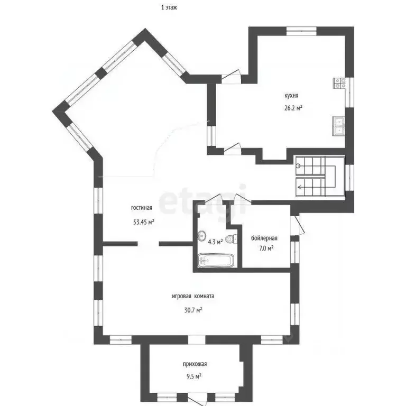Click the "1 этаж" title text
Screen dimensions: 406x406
click(x=169, y=7)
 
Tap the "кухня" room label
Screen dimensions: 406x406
click(x=292, y=96)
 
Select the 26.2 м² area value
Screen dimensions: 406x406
click(x=293, y=108)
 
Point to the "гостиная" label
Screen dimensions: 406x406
click(x=142, y=208)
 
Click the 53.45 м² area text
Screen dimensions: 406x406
click(x=144, y=222)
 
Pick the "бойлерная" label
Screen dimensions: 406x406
click(x=264, y=238)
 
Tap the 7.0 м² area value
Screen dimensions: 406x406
click(x=266, y=248)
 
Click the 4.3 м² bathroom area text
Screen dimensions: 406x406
click(x=216, y=242)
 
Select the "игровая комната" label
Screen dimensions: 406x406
click(x=193, y=296)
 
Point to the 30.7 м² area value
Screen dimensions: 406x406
click(x=193, y=310)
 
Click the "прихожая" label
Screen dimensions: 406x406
click(x=195, y=364)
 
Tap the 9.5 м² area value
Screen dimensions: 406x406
click(x=194, y=376)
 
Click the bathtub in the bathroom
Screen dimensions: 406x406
click(x=216, y=261)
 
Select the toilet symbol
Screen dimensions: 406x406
click(x=232, y=239)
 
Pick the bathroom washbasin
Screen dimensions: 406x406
click(x=202, y=235)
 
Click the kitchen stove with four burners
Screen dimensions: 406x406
click(x=339, y=83)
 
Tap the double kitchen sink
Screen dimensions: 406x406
click(x=339, y=126)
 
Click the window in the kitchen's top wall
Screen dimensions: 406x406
click(x=301, y=31)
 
